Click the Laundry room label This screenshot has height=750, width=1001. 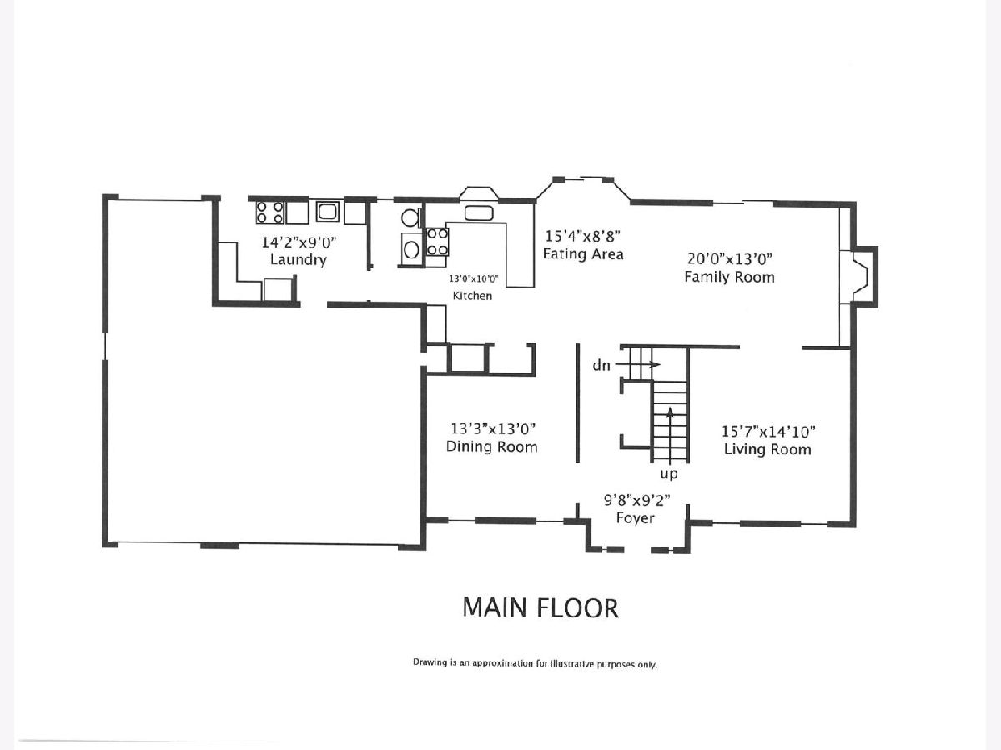coord(299,259)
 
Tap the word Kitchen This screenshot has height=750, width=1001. coord(472,296)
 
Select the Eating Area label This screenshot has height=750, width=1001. coord(583,253)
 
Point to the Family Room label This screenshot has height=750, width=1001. coord(729,277)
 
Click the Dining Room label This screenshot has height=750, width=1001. coord(491,447)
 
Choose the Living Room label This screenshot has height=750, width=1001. coord(767,449)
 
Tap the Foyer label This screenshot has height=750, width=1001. coord(636,518)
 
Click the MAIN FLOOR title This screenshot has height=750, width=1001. coord(541,607)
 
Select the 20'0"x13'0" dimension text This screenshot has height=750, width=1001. coord(730,258)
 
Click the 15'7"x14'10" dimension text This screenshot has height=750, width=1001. coord(768,431)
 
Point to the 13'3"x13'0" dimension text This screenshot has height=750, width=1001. coord(492,428)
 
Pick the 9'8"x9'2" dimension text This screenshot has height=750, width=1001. coord(637,501)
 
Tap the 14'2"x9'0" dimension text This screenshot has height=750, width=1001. coord(299,242)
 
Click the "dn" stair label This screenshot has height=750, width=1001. coord(601,365)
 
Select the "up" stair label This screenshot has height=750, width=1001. coord(669,474)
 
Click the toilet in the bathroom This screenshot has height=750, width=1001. coord(412,217)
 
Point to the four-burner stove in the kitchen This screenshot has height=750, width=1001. coord(437,242)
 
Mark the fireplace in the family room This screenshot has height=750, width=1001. coord(865,276)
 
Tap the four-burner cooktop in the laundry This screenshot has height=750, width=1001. coord(269,212)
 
